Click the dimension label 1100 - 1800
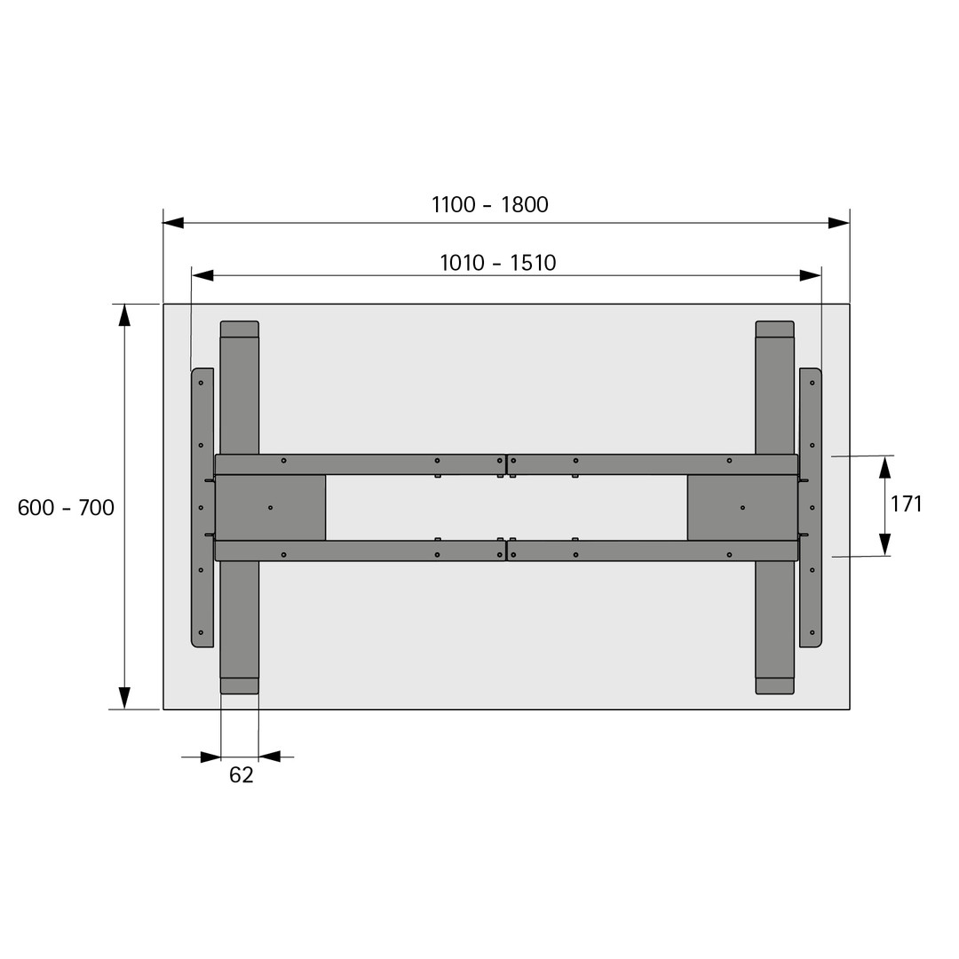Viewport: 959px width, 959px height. coord(490,204)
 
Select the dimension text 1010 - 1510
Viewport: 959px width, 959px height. coord(498,263)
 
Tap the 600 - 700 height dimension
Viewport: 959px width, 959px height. coord(66,508)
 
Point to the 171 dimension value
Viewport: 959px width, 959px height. coord(907,504)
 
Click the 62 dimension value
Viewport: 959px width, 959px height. coord(241,775)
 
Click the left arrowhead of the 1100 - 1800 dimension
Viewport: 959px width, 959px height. coord(173,223)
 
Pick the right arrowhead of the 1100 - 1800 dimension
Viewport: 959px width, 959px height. coord(839,223)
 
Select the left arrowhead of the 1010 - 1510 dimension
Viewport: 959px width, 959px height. coord(202,275)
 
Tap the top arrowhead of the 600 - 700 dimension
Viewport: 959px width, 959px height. coord(125,314)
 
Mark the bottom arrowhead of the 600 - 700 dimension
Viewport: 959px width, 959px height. coord(125,699)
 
